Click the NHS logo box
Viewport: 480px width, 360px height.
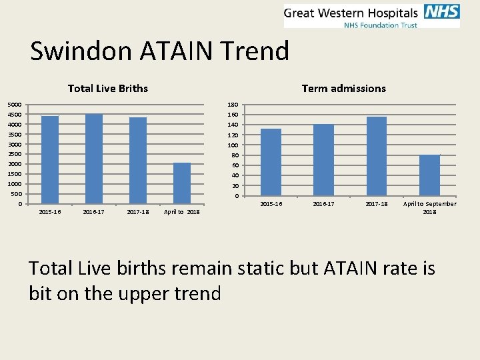(x=441, y=12)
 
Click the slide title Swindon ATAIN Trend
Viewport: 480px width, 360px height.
(x=159, y=51)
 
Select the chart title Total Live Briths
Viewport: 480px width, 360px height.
(x=108, y=88)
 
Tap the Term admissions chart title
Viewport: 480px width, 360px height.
(x=343, y=88)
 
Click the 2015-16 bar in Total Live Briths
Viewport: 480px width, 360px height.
(x=50, y=160)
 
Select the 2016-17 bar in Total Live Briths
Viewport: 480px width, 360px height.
(x=94, y=159)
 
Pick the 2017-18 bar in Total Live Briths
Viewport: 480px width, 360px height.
(x=138, y=160)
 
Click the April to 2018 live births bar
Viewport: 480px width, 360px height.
(x=182, y=183)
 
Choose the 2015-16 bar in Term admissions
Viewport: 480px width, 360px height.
(x=271, y=162)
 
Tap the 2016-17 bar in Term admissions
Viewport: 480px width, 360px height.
(x=323, y=160)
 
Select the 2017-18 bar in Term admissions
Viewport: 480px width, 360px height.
(x=377, y=156)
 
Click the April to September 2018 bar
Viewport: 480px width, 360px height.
(x=429, y=175)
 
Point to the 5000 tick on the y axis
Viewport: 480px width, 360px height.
(x=13, y=104)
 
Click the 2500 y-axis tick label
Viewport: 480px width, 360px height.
(x=13, y=154)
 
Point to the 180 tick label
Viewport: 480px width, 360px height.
(x=233, y=105)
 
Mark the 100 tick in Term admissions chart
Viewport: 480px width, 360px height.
(x=233, y=145)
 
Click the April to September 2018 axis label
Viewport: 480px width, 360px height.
(x=429, y=207)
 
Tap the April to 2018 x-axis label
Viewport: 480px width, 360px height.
(x=181, y=212)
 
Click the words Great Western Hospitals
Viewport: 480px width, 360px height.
(x=351, y=12)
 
